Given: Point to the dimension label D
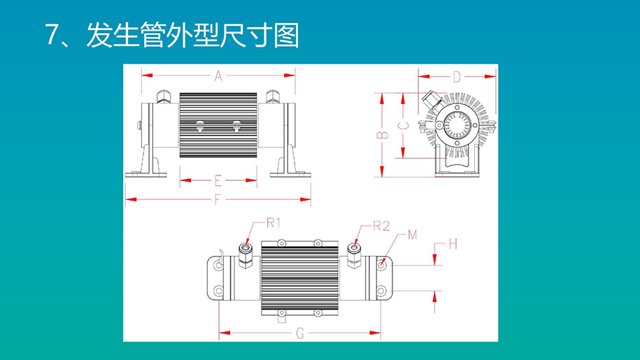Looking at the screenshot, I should pos(456,77).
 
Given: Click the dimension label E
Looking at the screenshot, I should pos(218,180).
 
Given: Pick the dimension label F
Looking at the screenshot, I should pos(218,200).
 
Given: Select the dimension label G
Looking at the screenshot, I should pos(299,333).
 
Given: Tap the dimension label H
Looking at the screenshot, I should pos(453,245).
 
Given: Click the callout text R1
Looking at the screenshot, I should pos(273,224).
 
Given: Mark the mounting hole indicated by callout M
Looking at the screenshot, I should pos(381,265).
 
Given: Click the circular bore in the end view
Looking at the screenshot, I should pos(458,127).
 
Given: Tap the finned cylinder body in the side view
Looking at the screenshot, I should pos(218,124).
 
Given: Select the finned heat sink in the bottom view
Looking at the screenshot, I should pos(299,277).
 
